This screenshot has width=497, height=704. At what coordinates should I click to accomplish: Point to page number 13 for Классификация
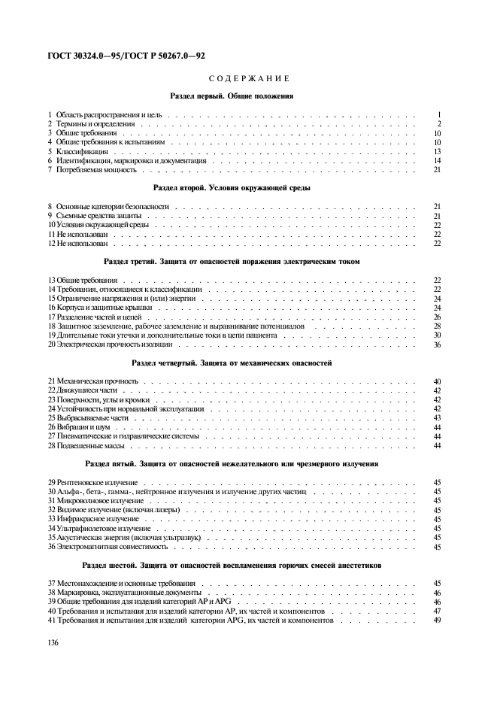tap(436, 151)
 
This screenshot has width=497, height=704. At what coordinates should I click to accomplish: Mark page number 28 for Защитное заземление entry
tap(436, 326)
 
